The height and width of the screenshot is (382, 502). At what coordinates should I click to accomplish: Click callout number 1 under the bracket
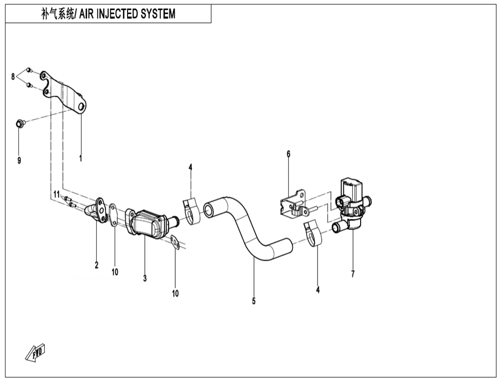click(x=80, y=159)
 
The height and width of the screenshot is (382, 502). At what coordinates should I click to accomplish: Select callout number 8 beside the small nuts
click(x=13, y=77)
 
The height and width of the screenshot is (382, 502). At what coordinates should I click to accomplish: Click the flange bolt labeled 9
click(x=19, y=123)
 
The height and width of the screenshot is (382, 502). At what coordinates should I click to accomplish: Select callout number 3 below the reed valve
click(x=145, y=278)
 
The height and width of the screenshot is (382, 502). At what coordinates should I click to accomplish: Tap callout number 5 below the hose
click(x=254, y=301)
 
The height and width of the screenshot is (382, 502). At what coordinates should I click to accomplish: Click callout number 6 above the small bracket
click(x=288, y=153)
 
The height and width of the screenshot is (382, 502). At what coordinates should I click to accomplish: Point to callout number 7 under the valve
click(x=353, y=274)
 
